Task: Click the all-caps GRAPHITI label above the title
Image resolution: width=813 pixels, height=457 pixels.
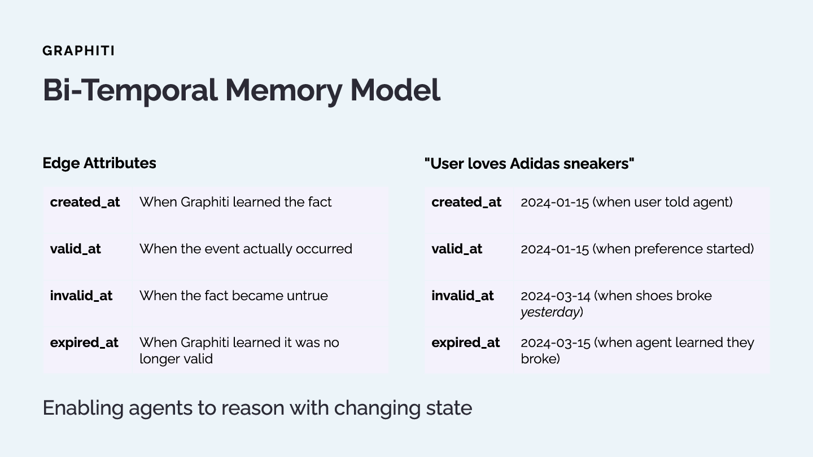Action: (x=78, y=51)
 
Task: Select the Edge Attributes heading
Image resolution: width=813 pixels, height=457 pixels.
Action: (x=99, y=163)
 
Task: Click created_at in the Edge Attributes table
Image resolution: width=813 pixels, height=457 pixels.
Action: (x=85, y=202)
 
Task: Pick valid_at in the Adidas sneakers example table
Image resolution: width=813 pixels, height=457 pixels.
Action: (x=457, y=249)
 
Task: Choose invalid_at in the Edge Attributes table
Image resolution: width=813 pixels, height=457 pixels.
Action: (x=81, y=296)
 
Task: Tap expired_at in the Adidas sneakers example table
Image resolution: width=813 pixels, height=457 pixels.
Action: (x=466, y=342)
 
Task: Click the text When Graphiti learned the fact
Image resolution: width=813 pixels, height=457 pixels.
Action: (x=235, y=202)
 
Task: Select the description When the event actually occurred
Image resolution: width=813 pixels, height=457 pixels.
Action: (x=246, y=249)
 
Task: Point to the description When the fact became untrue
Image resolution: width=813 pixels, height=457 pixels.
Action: (x=233, y=296)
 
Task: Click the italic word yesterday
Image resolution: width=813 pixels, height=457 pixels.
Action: (x=550, y=312)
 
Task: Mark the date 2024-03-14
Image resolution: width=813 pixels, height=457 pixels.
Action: (x=554, y=296)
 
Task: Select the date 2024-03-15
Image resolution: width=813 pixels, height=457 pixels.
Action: (x=554, y=342)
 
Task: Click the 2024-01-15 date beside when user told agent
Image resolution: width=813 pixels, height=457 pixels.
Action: (x=554, y=202)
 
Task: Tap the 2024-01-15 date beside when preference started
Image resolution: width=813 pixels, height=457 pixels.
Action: (x=554, y=249)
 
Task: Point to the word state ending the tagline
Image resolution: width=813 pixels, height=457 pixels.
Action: (x=451, y=407)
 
